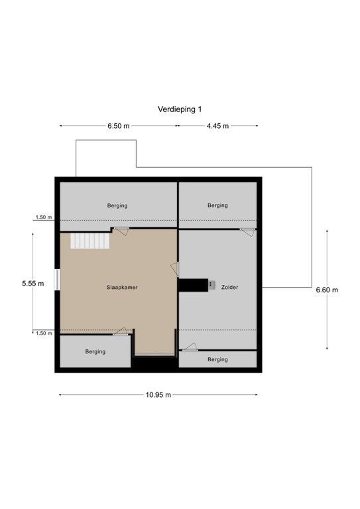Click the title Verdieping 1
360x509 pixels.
180,109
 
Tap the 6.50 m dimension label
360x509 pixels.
119,126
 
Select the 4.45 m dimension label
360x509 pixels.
218,126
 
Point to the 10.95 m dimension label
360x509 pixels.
158,395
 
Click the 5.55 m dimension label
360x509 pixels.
33,284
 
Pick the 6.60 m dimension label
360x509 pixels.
327,290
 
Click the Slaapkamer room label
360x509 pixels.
122,287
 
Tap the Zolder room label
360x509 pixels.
229,287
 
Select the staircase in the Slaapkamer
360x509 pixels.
90,241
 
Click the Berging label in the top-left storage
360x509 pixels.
117,205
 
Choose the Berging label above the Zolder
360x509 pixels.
217,205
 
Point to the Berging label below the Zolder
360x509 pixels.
217,359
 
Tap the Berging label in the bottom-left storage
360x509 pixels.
95,351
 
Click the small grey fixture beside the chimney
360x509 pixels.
211,285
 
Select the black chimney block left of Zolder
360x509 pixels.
194,285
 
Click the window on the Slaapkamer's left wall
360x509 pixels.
57,280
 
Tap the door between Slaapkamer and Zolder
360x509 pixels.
175,270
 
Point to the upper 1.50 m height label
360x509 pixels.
44,217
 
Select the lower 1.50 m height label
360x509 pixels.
44,333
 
